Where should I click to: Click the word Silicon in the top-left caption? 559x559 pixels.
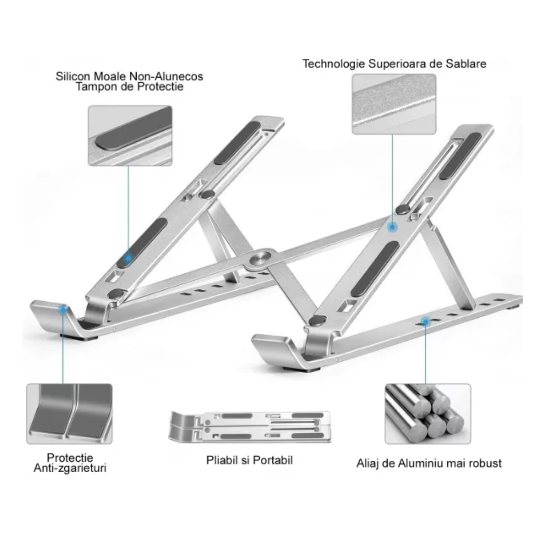(x=73, y=76)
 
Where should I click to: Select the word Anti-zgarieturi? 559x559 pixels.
(x=70, y=468)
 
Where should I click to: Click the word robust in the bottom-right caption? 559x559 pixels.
(x=485, y=463)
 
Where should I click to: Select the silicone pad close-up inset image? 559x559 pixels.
(x=130, y=136)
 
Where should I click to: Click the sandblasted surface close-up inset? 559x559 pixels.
(x=394, y=104)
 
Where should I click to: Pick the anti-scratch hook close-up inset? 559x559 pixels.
(x=69, y=414)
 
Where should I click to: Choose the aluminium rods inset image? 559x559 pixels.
(x=428, y=414)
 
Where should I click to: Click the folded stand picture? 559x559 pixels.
(x=249, y=426)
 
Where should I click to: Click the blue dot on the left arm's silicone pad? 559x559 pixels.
(x=128, y=258)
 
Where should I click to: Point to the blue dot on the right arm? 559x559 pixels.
(x=392, y=227)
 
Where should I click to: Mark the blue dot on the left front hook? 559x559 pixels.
(x=64, y=309)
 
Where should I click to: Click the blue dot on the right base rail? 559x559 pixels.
(x=425, y=322)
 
